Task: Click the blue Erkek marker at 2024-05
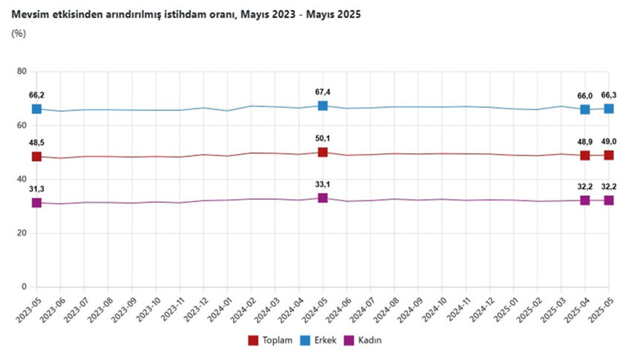pos(323,105)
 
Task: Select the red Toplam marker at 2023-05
pos(36,157)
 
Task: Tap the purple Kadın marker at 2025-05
pos(609,200)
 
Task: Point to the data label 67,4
pos(323,92)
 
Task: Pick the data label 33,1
pos(323,186)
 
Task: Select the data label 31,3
pos(36,189)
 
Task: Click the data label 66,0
pos(585,96)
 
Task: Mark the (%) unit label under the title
pos(19,33)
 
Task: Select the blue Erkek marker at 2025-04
pos(585,109)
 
